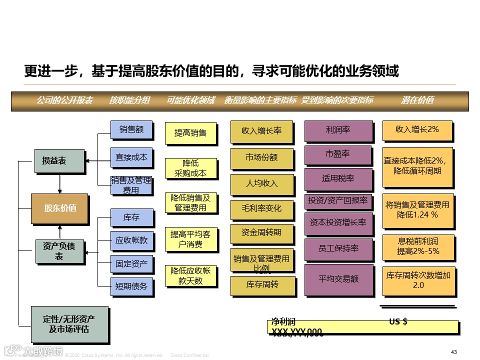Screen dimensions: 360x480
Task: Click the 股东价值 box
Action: pos(59,208)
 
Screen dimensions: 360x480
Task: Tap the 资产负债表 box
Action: pos(59,251)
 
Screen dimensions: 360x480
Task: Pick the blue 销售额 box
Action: pos(131,129)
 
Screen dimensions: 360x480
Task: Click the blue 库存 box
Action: pos(131,217)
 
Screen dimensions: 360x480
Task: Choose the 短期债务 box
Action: pos(131,286)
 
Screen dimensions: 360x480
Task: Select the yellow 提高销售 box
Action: pos(190,133)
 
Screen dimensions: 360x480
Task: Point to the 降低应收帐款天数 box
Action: pos(190,275)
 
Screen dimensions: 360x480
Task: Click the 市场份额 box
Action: pos(262,157)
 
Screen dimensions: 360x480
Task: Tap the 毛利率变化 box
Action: pos(262,208)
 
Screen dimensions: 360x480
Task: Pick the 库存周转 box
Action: pos(262,284)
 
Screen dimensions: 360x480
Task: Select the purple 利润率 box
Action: pos(338,130)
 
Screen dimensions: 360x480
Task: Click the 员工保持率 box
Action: pos(338,248)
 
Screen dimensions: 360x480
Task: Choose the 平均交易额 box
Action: pos(338,279)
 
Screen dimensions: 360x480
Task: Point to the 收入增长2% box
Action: pos(417,129)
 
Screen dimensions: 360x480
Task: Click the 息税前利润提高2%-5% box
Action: pos(418,246)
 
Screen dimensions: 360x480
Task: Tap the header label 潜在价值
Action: pos(417,100)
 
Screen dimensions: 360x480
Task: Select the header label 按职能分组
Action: pos(129,100)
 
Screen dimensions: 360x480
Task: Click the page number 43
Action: pos(454,352)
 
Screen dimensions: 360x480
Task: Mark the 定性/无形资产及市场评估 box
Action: pos(69,323)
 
